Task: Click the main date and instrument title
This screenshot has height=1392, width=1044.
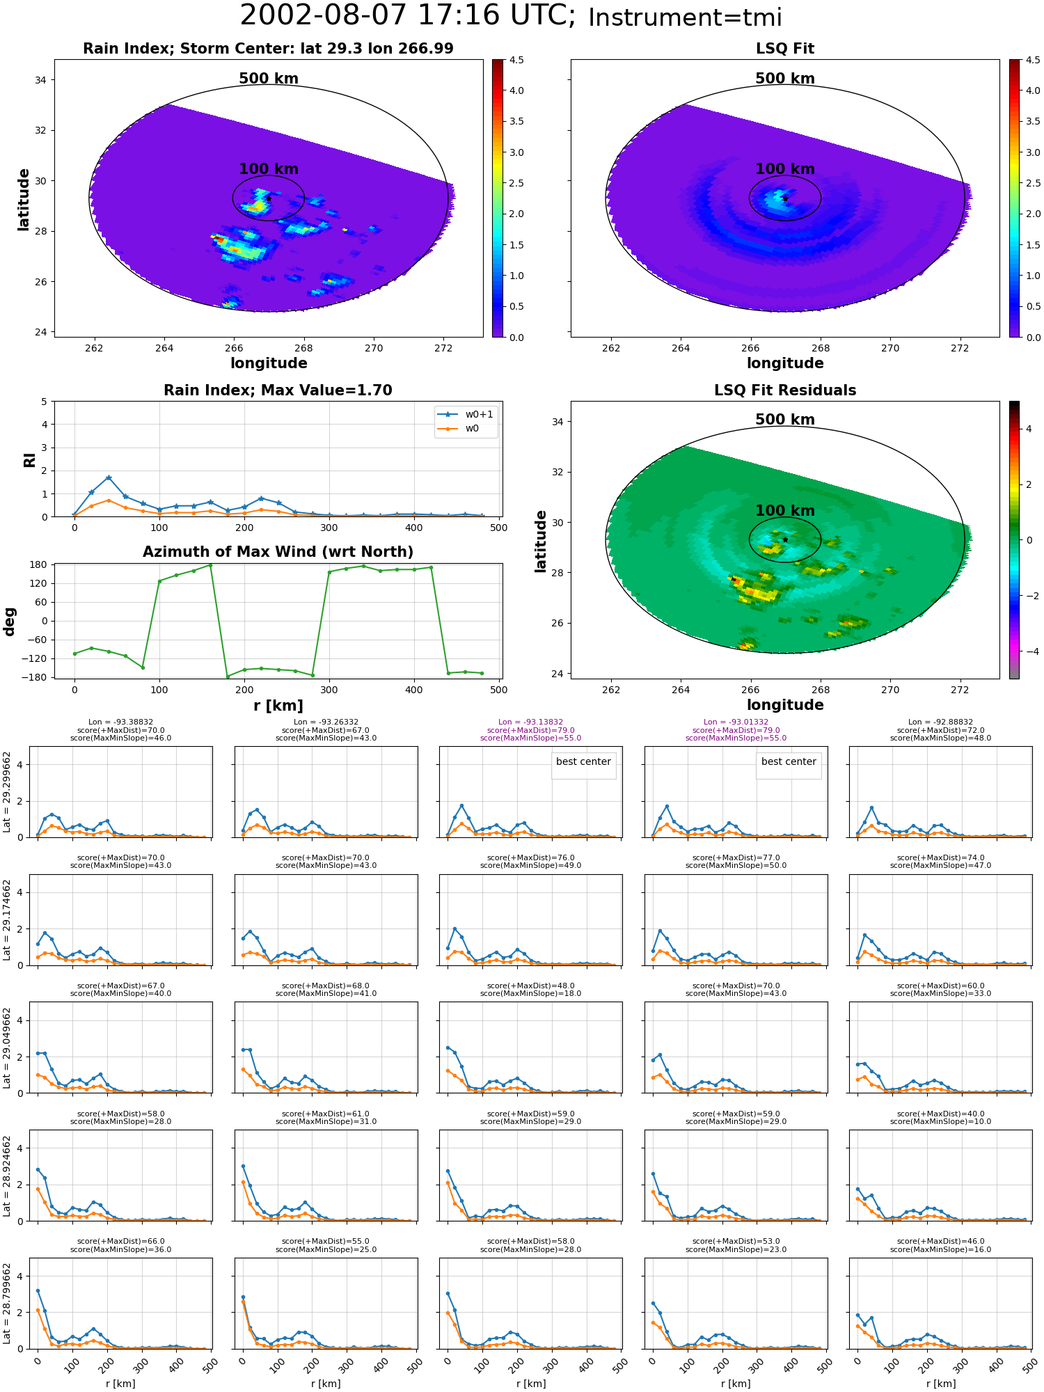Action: [x=511, y=16]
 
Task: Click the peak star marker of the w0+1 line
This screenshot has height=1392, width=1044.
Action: [x=109, y=477]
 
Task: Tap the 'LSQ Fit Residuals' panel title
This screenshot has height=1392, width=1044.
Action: [x=785, y=390]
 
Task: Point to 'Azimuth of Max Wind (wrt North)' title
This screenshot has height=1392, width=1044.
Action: [x=278, y=552]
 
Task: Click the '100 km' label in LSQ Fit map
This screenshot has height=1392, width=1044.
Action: [x=785, y=169]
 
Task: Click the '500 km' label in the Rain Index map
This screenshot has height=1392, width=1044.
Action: [x=269, y=79]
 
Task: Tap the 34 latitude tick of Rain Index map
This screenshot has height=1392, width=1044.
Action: [x=40, y=80]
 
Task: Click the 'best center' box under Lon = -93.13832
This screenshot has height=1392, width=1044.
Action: [x=583, y=762]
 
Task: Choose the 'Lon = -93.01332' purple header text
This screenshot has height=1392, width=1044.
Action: [x=736, y=722]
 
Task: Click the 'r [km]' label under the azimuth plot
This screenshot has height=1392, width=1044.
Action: [x=278, y=706]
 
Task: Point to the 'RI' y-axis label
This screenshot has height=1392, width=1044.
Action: [x=29, y=460]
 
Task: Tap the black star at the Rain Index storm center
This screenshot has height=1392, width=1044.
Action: [x=269, y=198]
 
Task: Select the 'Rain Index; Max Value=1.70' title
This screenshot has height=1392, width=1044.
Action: [x=278, y=390]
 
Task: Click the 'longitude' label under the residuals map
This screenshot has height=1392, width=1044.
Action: [x=785, y=705]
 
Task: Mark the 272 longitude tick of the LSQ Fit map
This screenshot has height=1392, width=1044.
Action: [x=960, y=348]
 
